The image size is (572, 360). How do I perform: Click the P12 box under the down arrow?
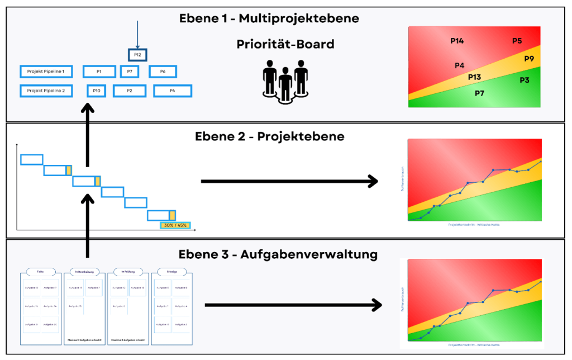137,54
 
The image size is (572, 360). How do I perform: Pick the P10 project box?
97,91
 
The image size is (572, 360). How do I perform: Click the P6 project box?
163,72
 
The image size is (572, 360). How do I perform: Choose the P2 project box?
129,91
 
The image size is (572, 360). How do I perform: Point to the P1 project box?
99,72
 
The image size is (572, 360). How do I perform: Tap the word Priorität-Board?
285,44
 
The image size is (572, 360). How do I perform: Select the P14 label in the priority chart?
457,41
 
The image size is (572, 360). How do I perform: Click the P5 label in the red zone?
517,41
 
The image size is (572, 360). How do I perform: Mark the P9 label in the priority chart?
529,58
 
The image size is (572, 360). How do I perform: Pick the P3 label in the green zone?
524,80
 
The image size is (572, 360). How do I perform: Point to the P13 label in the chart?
474,77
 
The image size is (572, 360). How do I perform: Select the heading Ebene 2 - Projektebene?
270,136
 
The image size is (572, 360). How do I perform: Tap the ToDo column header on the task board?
40,272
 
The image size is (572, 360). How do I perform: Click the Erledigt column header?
171,272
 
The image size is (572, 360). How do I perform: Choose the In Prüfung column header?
128,272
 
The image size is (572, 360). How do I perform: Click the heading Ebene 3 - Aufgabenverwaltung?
278,255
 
